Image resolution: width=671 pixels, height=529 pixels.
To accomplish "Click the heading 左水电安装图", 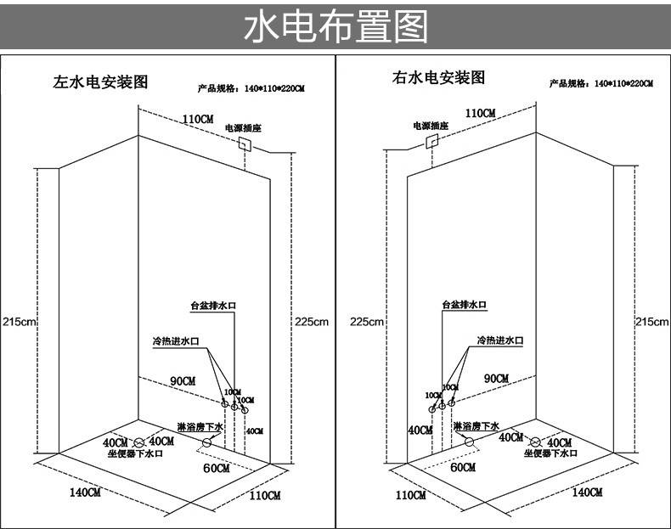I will [x=101, y=82].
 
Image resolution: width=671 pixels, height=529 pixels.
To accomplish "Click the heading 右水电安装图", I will [x=438, y=78].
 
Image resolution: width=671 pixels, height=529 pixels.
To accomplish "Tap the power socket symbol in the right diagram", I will [x=431, y=140].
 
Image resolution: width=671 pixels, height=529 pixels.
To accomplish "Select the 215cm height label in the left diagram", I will [x=19, y=322].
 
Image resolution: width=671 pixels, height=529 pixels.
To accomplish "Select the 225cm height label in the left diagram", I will [x=311, y=322].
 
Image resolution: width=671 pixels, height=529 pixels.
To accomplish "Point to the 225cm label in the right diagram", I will [x=367, y=322].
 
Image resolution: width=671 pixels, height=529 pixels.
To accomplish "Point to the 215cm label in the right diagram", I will [x=652, y=322].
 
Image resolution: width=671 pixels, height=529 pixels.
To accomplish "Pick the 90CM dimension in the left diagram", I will [x=183, y=380].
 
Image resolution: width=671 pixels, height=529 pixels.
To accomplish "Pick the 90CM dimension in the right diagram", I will [x=496, y=378].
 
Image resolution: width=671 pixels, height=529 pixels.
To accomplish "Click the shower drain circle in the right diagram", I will [x=468, y=442].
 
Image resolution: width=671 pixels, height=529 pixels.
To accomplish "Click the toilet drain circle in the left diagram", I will [x=139, y=442].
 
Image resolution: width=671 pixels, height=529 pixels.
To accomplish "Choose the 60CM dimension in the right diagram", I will [x=463, y=467].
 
